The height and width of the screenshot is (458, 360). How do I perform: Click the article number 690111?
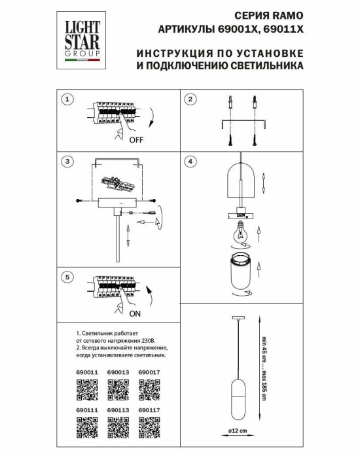tap(79, 410)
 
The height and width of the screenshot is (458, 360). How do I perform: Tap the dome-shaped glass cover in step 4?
tap(241, 184)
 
